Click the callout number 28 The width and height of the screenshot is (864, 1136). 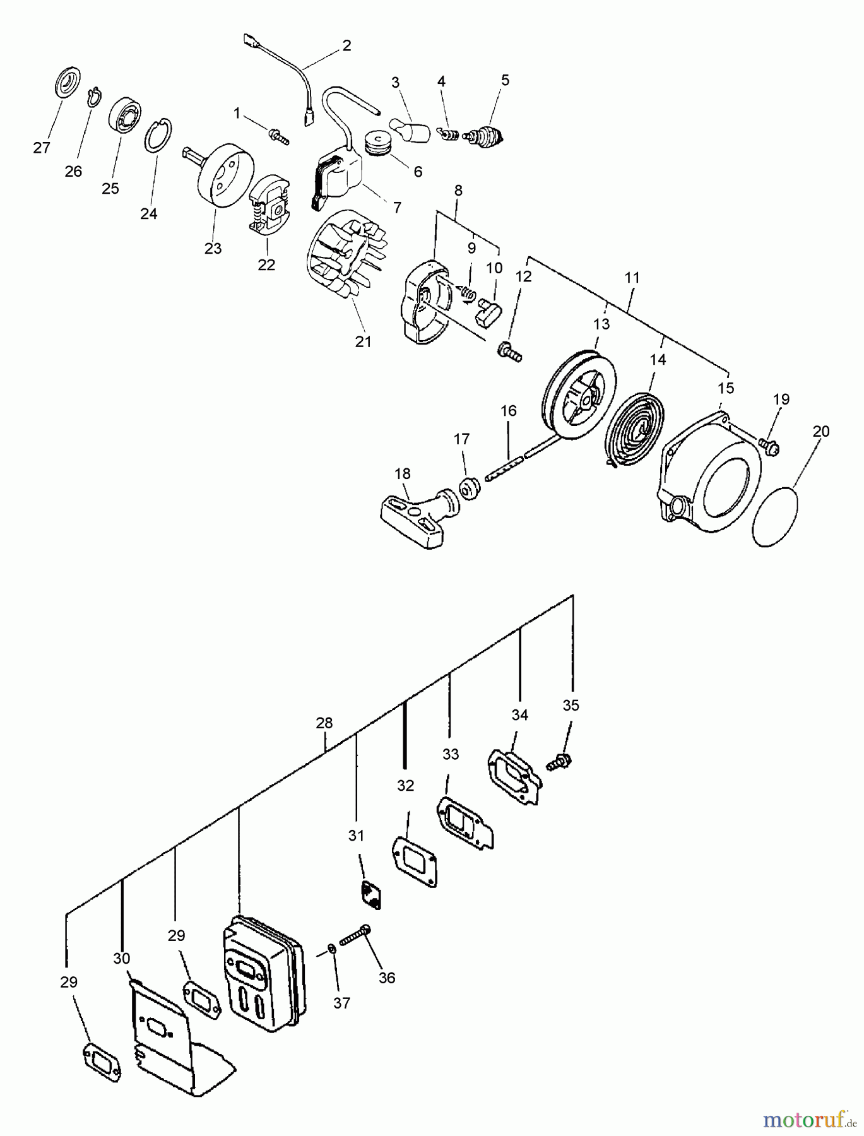(324, 723)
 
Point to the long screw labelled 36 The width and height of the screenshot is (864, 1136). (355, 937)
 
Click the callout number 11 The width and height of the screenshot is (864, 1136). (632, 278)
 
